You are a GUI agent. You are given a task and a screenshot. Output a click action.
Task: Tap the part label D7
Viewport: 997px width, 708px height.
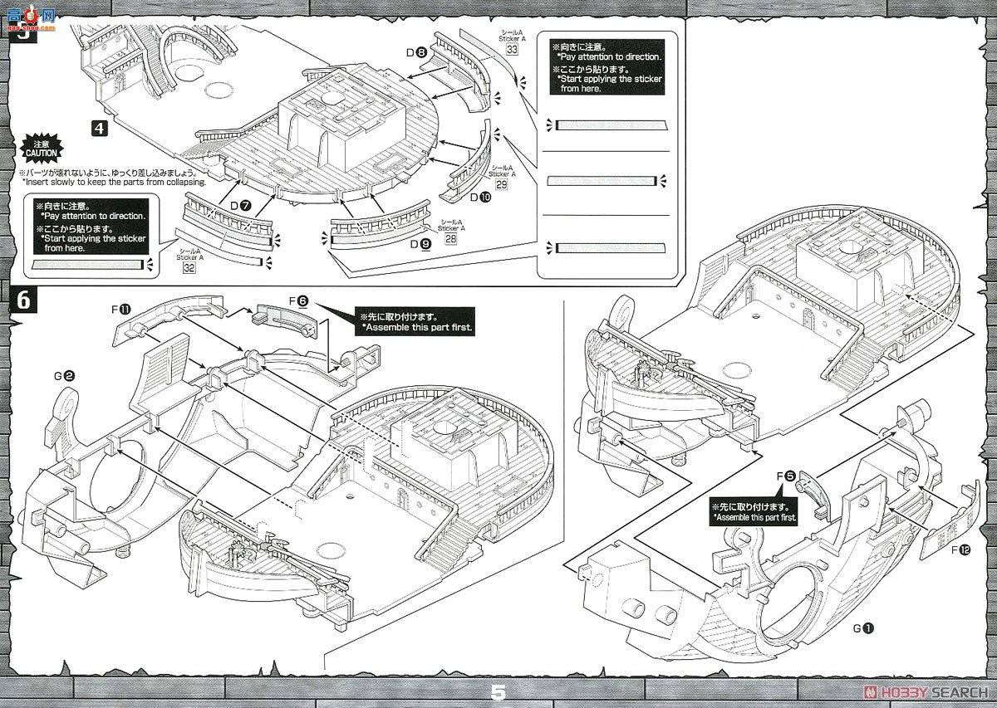point(242,204)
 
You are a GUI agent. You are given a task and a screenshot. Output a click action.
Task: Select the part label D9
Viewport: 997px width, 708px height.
point(420,244)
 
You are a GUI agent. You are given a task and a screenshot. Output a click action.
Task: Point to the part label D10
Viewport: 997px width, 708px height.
point(480,198)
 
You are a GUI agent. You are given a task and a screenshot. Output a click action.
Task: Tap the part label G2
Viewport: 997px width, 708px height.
point(64,375)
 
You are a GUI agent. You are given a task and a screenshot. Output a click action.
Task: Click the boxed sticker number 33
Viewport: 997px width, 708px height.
point(512,50)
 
